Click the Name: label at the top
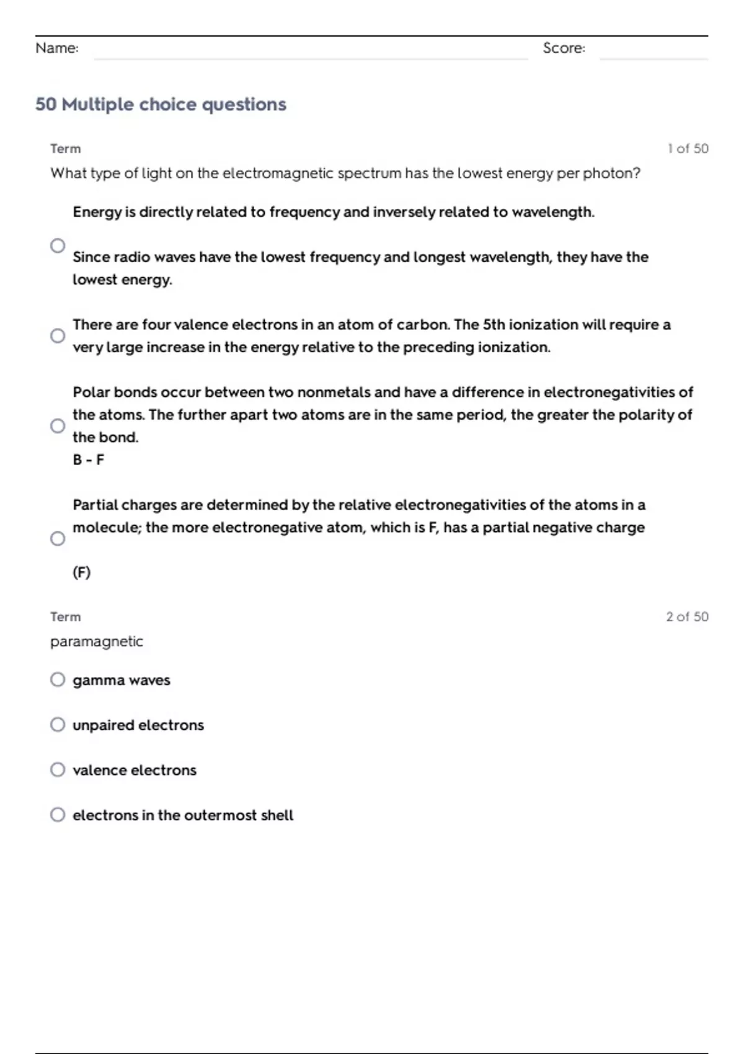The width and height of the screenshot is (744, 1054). click(57, 48)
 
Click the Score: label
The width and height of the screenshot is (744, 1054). click(564, 48)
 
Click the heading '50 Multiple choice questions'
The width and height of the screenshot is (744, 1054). click(161, 104)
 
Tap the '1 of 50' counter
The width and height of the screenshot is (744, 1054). click(688, 149)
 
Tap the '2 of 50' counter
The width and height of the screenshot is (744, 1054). click(687, 617)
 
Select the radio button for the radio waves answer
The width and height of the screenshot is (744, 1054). click(58, 246)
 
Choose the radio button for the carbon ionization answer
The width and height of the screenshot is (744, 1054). click(58, 335)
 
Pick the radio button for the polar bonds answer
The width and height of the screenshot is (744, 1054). click(58, 426)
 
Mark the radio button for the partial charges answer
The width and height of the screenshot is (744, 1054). click(58, 538)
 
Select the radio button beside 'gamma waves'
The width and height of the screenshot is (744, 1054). click(58, 680)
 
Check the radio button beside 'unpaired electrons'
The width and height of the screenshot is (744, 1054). click(58, 725)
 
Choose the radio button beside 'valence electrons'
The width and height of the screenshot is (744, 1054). click(58, 769)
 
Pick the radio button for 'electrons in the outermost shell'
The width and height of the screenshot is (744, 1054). click(58, 815)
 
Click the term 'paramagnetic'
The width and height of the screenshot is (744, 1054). click(97, 642)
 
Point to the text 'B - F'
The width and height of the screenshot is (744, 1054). click(88, 460)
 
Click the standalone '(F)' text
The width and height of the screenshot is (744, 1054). click(81, 572)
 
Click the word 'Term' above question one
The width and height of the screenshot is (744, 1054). click(66, 149)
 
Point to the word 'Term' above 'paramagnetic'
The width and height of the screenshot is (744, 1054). click(66, 617)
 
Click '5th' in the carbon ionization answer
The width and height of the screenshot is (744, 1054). click(494, 325)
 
